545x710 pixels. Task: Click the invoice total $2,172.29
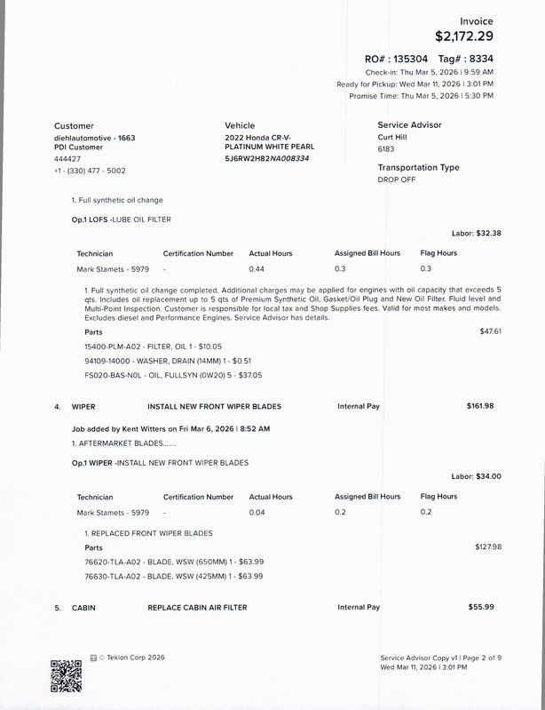[x=463, y=36]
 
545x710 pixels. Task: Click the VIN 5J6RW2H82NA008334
[x=267, y=158]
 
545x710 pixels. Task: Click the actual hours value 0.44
[x=257, y=268]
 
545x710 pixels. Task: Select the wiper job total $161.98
[x=480, y=406]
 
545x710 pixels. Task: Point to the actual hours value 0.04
[x=257, y=512]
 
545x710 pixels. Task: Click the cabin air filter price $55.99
[x=481, y=607]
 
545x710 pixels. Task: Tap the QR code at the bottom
[x=66, y=674]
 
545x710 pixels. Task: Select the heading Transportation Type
[x=418, y=167]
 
